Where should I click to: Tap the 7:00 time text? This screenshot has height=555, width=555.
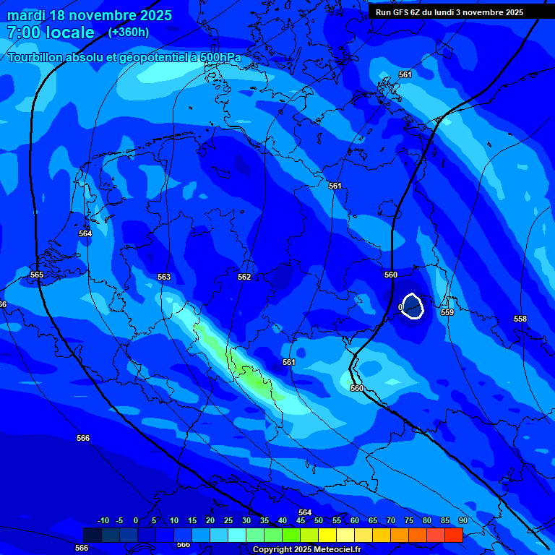click(24, 33)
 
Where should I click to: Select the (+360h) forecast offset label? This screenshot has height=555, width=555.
click(129, 33)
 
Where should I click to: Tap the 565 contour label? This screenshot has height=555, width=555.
click(37, 275)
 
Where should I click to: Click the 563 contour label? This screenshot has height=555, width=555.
click(164, 277)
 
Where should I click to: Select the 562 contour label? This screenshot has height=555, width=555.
click(244, 277)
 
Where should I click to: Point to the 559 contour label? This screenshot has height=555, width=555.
click(447, 312)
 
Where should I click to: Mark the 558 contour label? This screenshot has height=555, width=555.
click(520, 319)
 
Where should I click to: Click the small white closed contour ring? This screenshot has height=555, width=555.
click(412, 306)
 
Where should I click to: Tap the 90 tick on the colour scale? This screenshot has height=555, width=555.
click(462, 520)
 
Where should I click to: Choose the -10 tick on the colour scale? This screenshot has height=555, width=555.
click(103, 520)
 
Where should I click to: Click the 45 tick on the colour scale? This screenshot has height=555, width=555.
click(301, 520)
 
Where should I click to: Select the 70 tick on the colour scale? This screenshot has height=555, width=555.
click(391, 520)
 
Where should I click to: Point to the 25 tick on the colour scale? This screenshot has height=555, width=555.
click(228, 520)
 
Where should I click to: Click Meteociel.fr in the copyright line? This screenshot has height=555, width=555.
click(337, 549)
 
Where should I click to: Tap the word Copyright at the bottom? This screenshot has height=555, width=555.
click(272, 549)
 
